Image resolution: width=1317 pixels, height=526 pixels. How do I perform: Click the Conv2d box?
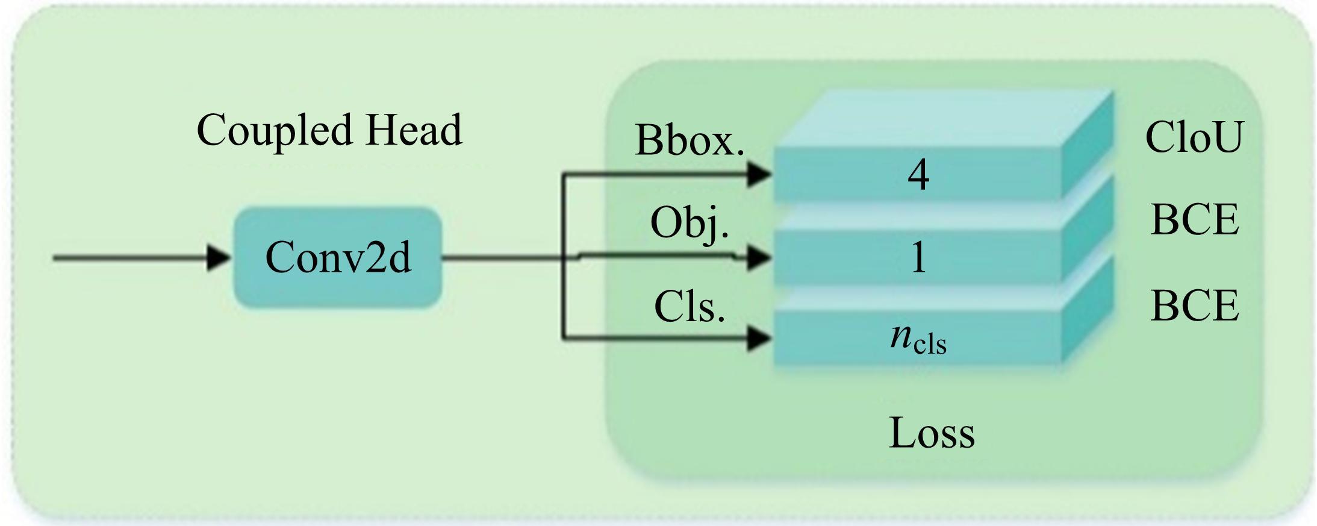coord(338,258)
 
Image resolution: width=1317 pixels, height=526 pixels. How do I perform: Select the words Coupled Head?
coord(329,130)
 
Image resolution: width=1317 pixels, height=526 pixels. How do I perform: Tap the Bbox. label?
coord(690,141)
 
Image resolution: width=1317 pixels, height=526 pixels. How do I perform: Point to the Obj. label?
coord(690,223)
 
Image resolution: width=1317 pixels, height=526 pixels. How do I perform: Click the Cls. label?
coord(690,307)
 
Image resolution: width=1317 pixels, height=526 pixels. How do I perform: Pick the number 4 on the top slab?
coord(918,175)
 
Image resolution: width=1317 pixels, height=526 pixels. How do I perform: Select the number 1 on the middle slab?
coord(918,258)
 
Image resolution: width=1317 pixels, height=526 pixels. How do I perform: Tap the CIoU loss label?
coord(1194,137)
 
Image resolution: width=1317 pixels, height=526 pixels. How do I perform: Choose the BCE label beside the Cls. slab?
coord(1195,306)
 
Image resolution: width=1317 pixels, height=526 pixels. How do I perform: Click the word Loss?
coord(932,433)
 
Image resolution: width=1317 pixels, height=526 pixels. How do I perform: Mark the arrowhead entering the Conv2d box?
coord(218,258)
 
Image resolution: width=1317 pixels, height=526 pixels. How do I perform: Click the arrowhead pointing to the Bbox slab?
coord(759,175)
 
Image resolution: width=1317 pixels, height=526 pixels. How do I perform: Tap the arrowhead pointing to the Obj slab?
coord(759,258)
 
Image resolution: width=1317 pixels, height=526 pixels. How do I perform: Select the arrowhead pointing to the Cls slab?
coord(759,338)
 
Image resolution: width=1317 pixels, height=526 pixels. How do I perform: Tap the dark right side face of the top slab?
coord(1087,145)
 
